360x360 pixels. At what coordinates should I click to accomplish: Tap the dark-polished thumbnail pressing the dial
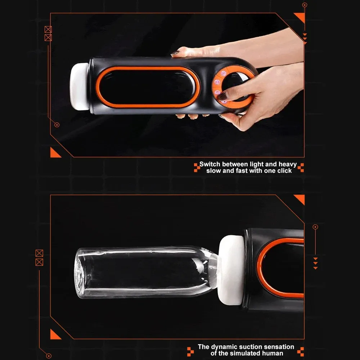pos(222,96)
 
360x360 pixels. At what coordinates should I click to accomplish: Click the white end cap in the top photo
pos(80,86)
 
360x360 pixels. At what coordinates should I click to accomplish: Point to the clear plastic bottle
pos(147,272)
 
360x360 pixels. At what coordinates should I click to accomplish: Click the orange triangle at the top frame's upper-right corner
pos(301,17)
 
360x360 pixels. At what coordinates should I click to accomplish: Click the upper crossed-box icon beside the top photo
pos(48,30)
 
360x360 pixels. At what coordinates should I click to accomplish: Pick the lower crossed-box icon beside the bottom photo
pos(39,262)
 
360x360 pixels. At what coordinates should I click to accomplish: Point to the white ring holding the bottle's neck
pos(230,270)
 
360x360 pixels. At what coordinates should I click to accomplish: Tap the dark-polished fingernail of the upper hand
pos(175,53)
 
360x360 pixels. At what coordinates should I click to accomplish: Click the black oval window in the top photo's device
pos(148,87)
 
